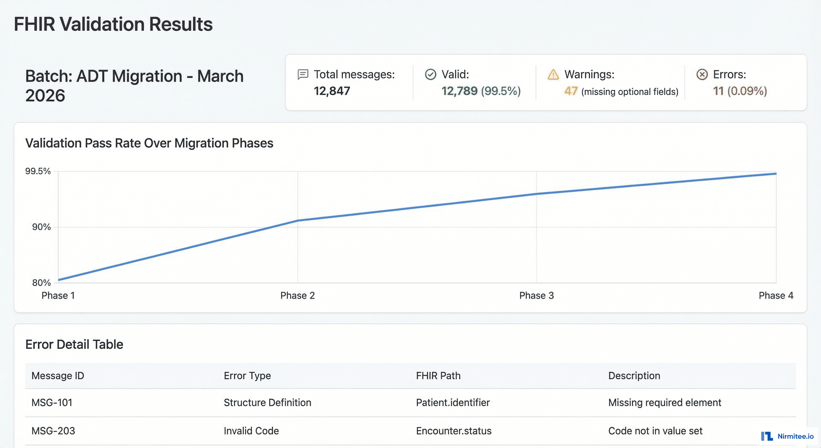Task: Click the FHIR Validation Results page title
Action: pos(113,24)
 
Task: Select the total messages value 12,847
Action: pos(332,91)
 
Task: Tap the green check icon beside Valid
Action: pos(430,74)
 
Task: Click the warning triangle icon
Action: pos(553,75)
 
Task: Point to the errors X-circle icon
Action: pos(702,74)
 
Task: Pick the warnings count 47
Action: pos(571,91)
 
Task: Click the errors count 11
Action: pos(718,91)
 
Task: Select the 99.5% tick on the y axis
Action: pos(38,171)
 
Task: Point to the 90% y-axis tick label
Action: pos(41,227)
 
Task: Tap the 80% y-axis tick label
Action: pos(41,283)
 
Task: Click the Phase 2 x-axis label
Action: pos(297,295)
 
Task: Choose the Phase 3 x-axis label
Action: pos(536,295)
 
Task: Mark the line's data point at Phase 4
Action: pos(776,174)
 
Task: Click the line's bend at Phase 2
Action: pos(298,220)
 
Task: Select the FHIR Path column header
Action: pos(438,376)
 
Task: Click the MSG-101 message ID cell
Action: pos(52,402)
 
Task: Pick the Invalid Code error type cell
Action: pos(251,431)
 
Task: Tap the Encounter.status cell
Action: pos(454,431)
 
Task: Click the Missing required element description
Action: pos(664,402)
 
